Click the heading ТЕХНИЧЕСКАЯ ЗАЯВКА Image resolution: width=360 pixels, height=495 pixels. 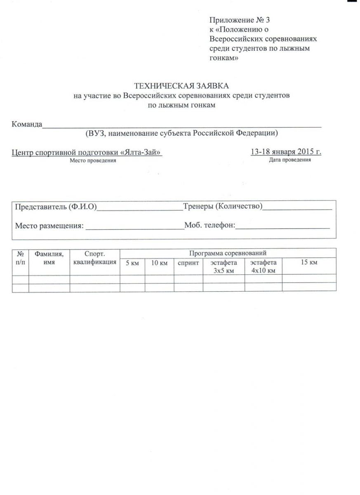(x=181, y=86)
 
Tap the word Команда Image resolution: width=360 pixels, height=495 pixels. (x=27, y=124)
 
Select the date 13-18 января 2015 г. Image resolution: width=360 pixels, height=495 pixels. (x=286, y=152)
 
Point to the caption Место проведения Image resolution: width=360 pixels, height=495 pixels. (x=93, y=160)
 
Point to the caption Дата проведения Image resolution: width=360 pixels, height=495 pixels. (x=289, y=160)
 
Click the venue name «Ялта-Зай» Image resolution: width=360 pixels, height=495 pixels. (x=141, y=152)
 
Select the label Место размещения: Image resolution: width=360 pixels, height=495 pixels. (x=49, y=226)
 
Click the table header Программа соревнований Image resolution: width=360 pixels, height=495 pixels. (x=228, y=253)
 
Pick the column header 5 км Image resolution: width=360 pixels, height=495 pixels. (x=132, y=263)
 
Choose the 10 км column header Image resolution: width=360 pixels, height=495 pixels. (x=159, y=263)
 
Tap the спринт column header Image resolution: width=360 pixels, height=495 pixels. (x=188, y=263)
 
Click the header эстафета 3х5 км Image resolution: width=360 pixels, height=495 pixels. (x=224, y=266)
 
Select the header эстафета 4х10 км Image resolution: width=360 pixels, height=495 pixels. (x=263, y=266)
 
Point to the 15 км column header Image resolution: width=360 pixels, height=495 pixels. (x=309, y=262)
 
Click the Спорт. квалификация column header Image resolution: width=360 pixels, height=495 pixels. (x=94, y=258)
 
